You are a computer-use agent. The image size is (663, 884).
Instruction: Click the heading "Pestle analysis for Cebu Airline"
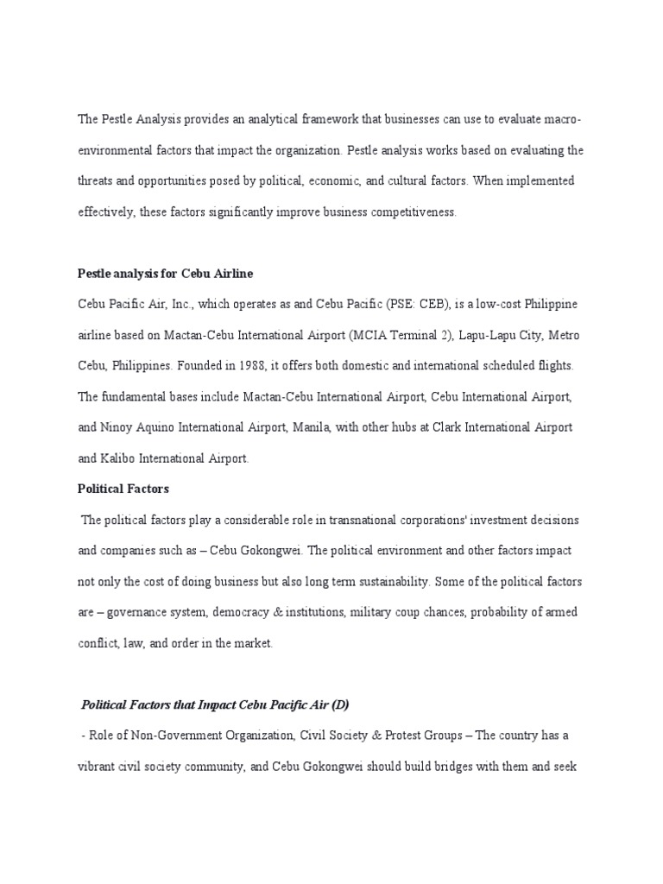tap(166, 274)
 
